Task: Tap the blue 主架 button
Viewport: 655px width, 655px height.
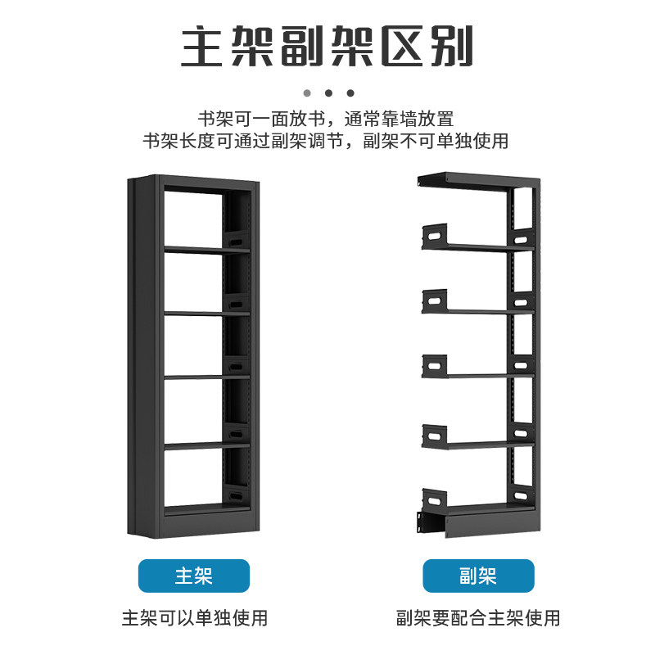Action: pyautogui.click(x=193, y=576)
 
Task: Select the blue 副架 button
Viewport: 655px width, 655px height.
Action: pyautogui.click(x=477, y=576)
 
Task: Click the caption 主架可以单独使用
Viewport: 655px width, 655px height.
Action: pyautogui.click(x=194, y=617)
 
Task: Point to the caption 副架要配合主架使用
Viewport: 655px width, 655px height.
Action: pyautogui.click(x=478, y=617)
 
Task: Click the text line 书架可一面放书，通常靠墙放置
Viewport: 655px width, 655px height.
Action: pyautogui.click(x=325, y=118)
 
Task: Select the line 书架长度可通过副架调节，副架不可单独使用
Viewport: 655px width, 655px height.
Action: pyautogui.click(x=325, y=141)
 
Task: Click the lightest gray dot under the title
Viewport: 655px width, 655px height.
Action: pyautogui.click(x=307, y=93)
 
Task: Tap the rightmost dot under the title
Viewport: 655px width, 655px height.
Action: pyautogui.click(x=350, y=93)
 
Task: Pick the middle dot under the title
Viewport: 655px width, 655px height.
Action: pyautogui.click(x=328, y=93)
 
